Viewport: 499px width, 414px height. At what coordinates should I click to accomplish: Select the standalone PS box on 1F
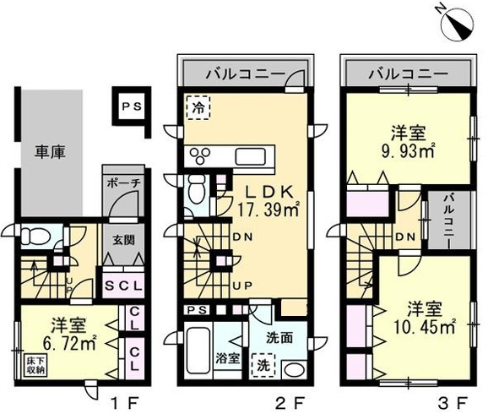click(129, 107)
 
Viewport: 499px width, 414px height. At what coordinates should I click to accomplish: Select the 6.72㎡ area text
click(62, 343)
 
